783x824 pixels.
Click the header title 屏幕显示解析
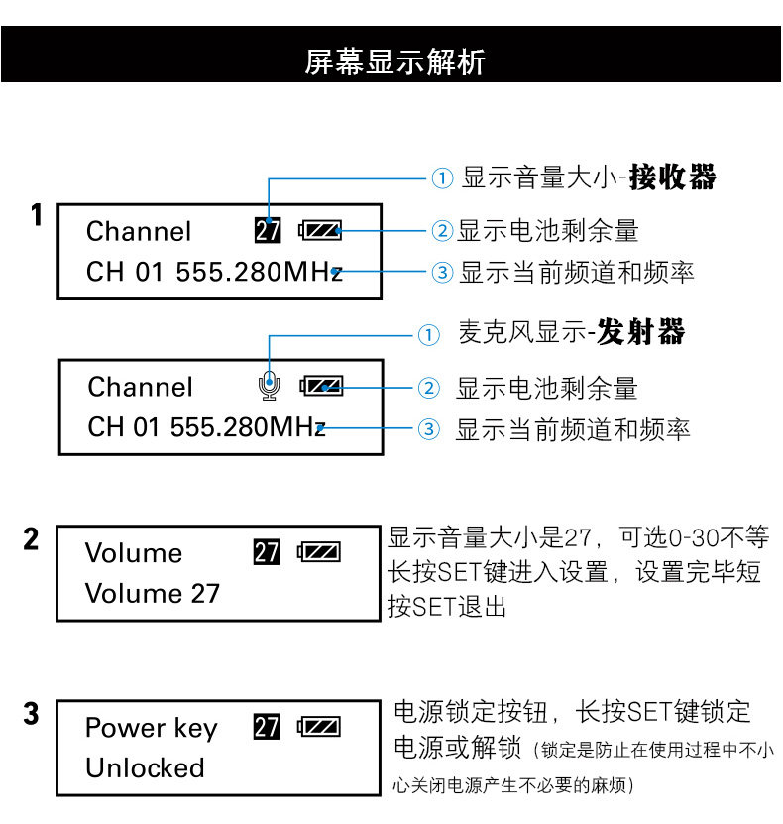(393, 61)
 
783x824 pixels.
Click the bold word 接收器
(673, 177)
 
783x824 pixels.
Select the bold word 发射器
(642, 332)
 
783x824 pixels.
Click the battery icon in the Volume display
(319, 552)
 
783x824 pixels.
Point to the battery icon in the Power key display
(319, 727)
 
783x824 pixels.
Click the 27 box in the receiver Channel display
(268, 231)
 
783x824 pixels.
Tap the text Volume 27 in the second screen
(152, 594)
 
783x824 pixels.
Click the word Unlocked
(145, 767)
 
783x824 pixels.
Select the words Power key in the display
(151, 728)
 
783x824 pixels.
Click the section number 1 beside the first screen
(36, 215)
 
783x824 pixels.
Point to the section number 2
(32, 540)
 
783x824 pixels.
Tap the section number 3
(32, 714)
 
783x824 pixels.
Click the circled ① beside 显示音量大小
(441, 179)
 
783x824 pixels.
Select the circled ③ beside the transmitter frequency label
(428, 429)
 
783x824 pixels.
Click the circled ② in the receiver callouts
(441, 231)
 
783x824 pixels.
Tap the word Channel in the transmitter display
(140, 387)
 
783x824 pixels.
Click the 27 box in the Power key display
(267, 727)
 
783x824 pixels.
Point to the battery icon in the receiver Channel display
(320, 231)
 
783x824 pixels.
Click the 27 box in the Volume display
(267, 552)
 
